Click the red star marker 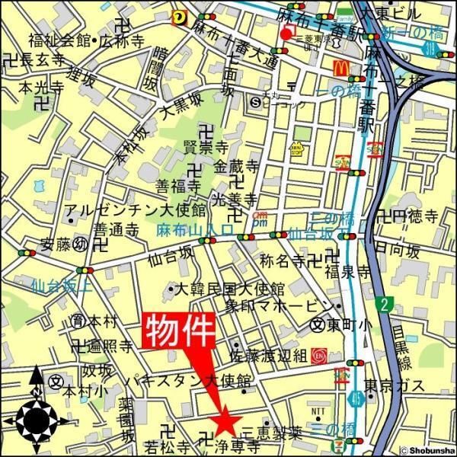(x=225, y=420)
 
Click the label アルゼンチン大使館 (x=135, y=209)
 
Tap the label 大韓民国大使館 (x=228, y=289)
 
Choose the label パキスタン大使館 (x=190, y=379)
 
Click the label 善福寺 (x=177, y=186)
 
